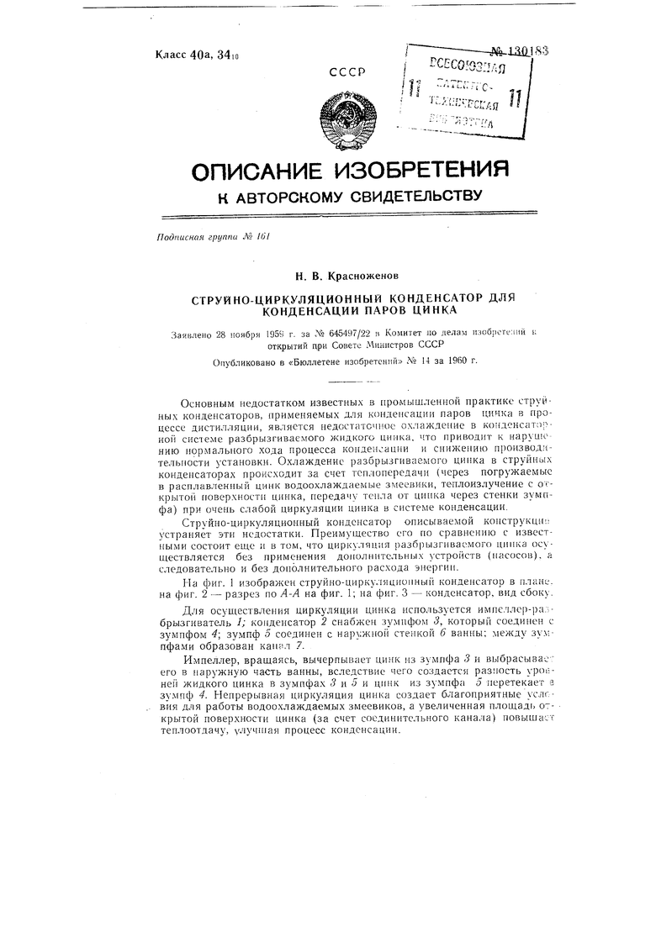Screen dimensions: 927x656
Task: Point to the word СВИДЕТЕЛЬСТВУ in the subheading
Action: tap(406, 198)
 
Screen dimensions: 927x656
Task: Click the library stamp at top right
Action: tap(465, 92)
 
